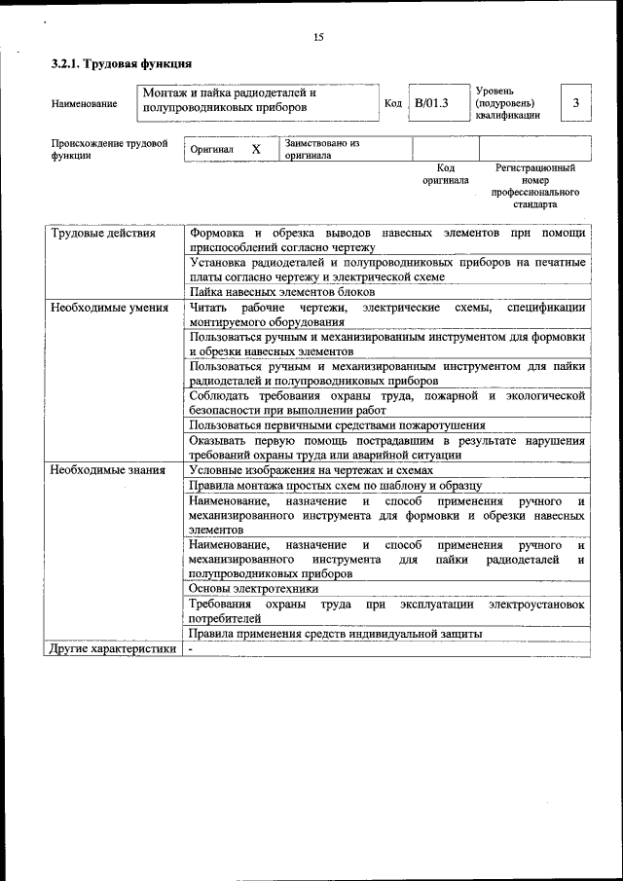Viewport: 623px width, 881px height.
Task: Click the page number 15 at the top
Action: tap(317, 37)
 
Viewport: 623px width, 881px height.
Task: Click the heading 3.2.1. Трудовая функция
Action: tap(114, 65)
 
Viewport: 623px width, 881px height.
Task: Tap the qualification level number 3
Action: tap(575, 102)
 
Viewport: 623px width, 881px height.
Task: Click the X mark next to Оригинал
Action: tap(256, 150)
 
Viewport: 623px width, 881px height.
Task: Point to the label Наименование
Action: tap(84, 103)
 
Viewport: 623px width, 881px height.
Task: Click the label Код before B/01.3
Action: tap(393, 103)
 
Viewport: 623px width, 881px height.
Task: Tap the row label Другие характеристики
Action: tap(113, 648)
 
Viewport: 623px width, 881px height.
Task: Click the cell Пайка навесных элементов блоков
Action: tap(282, 292)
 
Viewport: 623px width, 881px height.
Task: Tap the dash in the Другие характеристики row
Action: tap(192, 649)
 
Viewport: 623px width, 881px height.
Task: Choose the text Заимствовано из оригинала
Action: tap(322, 149)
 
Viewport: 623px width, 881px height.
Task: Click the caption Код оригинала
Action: tap(445, 174)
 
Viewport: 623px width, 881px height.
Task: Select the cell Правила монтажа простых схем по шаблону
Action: tap(335, 485)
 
